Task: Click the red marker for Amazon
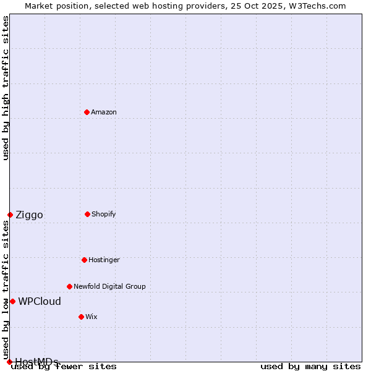87,112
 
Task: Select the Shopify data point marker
87,214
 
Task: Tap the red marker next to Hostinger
84,260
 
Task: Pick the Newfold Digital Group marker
69,286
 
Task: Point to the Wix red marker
81,317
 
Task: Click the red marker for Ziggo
10,215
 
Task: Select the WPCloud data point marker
12,301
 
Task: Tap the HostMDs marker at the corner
9,362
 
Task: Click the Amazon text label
104,112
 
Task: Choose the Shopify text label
104,214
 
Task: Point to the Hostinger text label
104,260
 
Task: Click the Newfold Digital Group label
109,286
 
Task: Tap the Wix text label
92,317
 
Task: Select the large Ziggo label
29,215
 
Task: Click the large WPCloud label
40,302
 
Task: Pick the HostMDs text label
36,362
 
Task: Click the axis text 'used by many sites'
310,366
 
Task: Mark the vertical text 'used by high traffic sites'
6,88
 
